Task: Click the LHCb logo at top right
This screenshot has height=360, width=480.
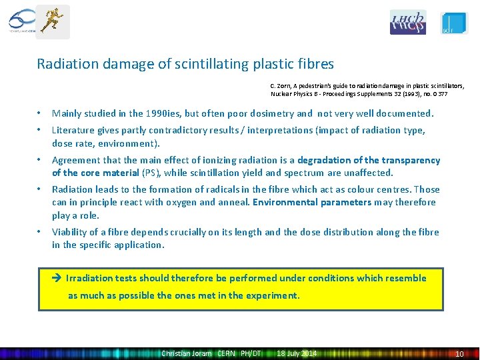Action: coord(407,23)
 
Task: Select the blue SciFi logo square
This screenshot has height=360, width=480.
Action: coord(455,23)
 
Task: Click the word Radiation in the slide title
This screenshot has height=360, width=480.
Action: coord(65,64)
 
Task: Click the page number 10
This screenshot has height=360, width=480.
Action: coord(459,353)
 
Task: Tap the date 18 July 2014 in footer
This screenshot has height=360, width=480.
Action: coord(297,353)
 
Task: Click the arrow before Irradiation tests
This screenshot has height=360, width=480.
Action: coord(57,278)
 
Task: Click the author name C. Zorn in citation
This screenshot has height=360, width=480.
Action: coord(281,86)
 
